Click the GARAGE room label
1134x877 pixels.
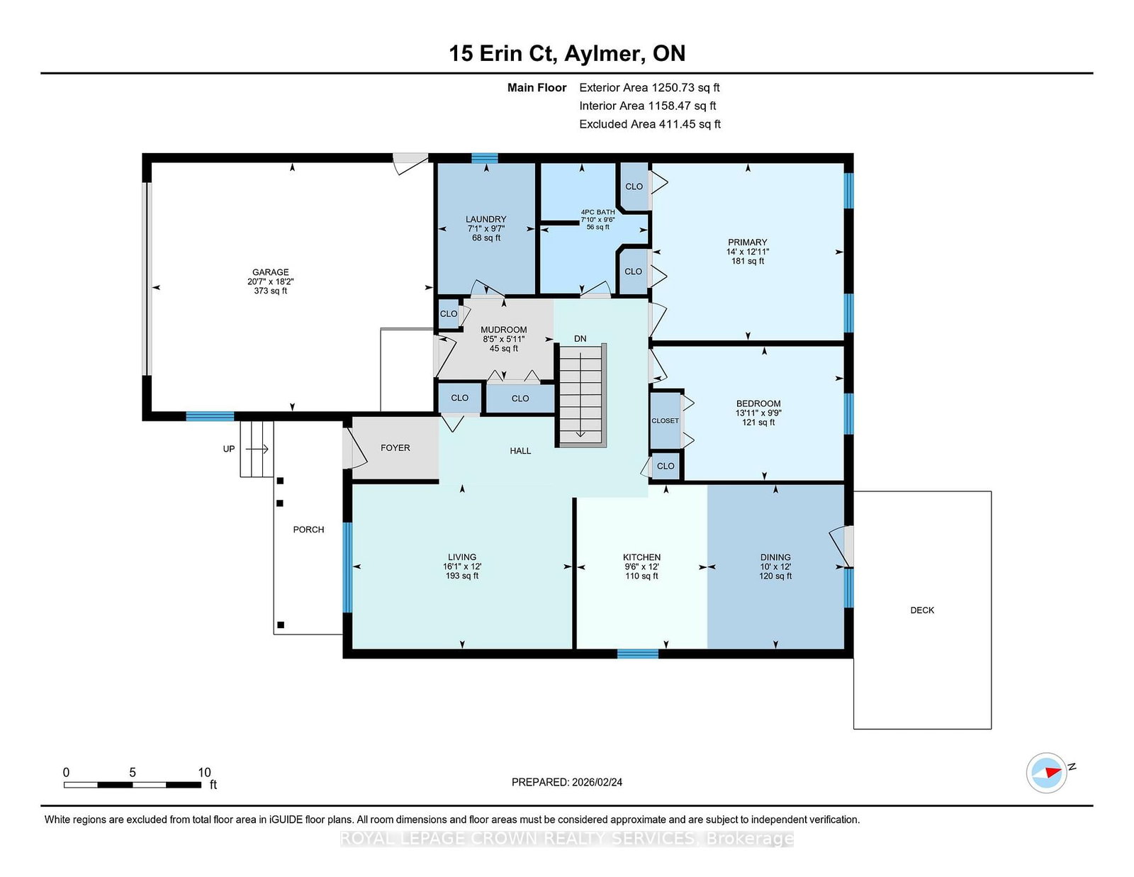coord(270,272)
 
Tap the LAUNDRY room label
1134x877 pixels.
coord(486,219)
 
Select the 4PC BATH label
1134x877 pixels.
coord(598,212)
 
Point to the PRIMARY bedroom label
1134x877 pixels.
coord(747,242)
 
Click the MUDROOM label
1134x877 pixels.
coord(504,330)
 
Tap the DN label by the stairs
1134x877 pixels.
coord(580,339)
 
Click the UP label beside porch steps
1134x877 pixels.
coord(229,449)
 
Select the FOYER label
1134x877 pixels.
coord(395,448)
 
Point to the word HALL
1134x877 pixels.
coord(520,451)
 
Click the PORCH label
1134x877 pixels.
coord(308,530)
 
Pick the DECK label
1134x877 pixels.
coord(922,610)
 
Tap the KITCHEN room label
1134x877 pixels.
coord(641,557)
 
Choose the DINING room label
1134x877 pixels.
coord(775,557)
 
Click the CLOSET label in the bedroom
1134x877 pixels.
coord(665,420)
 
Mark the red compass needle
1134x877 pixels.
coord(1053,772)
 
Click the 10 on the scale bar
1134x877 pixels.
coord(205,772)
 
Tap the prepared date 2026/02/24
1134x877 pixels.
coord(597,782)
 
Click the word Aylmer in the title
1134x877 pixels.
coord(602,55)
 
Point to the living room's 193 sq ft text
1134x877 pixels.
coord(462,576)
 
